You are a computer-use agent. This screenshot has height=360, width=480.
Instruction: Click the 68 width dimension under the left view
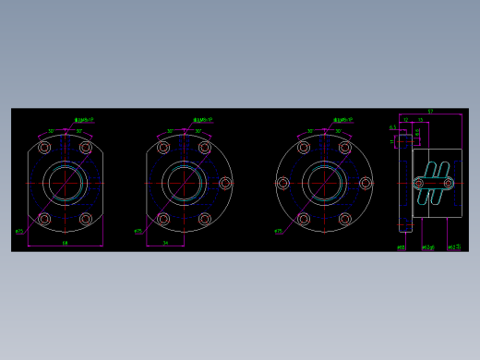pyautogui.click(x=65, y=243)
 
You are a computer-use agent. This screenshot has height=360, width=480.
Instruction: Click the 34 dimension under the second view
pyautogui.click(x=165, y=243)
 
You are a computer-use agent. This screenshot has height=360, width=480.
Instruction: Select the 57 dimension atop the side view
pyautogui.click(x=430, y=112)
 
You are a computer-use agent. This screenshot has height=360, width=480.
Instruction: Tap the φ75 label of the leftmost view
pyautogui.click(x=19, y=231)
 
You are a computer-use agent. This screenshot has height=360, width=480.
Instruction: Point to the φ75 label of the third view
pyautogui.click(x=279, y=231)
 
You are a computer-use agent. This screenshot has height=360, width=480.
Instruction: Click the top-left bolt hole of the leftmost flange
pyautogui.click(x=44, y=148)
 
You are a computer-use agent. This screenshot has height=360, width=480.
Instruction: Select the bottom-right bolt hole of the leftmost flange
pyautogui.click(x=86, y=219)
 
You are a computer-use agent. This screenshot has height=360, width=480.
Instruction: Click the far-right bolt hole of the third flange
pyautogui.click(x=366, y=183)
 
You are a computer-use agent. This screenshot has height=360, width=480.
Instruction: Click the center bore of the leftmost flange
pyautogui.click(x=65, y=183)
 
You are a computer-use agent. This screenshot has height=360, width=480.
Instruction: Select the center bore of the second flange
pyautogui.click(x=184, y=183)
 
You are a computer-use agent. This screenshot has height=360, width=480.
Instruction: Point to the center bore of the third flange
pyautogui.click(x=324, y=183)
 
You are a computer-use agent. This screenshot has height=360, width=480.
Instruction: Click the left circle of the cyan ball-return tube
pyautogui.click(x=419, y=183)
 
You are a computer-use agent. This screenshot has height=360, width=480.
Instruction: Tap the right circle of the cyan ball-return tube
pyautogui.click(x=450, y=183)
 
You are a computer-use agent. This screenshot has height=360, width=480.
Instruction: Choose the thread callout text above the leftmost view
pyautogui.click(x=84, y=120)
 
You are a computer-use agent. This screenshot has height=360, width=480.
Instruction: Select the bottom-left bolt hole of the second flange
pyautogui.click(x=163, y=219)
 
